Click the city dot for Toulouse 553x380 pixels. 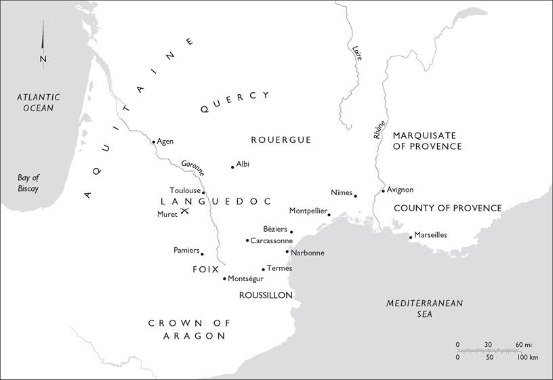coord(203,193)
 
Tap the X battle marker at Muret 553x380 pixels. coord(184,212)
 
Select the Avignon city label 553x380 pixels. coord(400,190)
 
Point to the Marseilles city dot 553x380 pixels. coord(411,237)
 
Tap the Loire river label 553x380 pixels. coord(356,54)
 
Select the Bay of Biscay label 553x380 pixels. coord(28,183)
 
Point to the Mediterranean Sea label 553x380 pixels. coord(424,309)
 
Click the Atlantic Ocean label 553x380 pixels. coord(39,102)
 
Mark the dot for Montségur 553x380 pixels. coord(224,278)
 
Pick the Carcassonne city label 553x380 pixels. coord(271,240)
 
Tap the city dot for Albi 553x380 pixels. coord(232,167)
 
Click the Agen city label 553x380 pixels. coord(165,142)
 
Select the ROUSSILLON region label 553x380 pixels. coord(266,295)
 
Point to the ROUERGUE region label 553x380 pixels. coord(281,140)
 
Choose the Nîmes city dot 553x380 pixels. coord(356,196)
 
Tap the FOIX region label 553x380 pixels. coord(206,269)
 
